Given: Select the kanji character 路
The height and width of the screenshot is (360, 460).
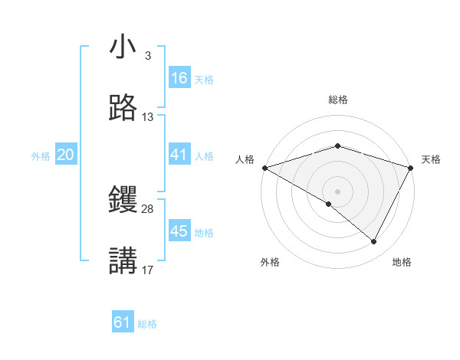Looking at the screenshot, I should [x=123, y=110].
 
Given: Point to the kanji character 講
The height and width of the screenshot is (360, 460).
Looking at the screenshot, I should [x=123, y=261].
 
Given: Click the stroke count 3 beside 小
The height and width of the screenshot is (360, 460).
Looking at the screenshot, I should [x=147, y=56].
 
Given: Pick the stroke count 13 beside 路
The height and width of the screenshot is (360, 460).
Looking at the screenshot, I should [x=148, y=117].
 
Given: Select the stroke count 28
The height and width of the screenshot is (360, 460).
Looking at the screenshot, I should [x=148, y=208].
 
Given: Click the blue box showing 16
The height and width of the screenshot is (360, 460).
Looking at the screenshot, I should [x=179, y=78].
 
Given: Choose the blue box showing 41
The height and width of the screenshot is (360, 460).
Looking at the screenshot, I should [x=179, y=155].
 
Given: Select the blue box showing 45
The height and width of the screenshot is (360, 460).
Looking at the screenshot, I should [x=179, y=231].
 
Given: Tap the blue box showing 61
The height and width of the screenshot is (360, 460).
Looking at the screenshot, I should [x=123, y=322].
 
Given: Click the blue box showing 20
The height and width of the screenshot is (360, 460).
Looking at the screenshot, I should [x=65, y=155].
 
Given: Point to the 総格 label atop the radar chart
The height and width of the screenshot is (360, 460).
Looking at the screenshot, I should [x=337, y=100].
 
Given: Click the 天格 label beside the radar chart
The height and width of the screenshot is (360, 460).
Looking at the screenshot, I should [x=431, y=160].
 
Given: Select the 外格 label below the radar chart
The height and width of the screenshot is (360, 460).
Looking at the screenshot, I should [x=270, y=263].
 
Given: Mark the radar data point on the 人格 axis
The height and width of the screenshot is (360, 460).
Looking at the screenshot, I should [x=264, y=167].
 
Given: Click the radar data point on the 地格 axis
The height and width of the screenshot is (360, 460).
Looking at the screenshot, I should [x=373, y=242].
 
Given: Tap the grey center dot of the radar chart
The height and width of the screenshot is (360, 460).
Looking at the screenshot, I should [x=337, y=191].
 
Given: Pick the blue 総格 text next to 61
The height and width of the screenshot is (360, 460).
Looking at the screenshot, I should [x=147, y=324].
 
